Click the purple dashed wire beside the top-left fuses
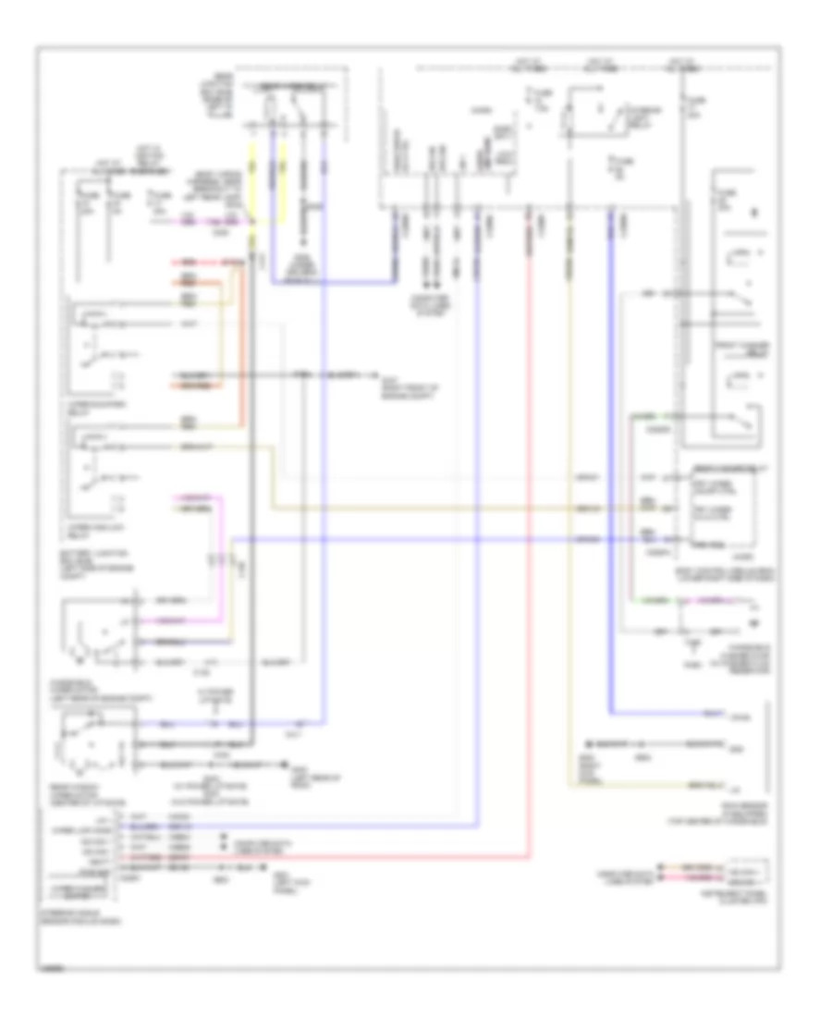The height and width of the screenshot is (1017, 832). (218, 223)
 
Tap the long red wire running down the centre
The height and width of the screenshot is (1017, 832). (529, 555)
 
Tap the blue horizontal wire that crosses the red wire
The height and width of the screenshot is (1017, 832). (416, 538)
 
